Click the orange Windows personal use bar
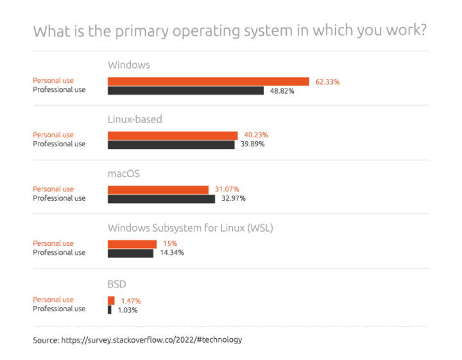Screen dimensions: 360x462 pos(209,81)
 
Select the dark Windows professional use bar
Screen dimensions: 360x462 pos(185,90)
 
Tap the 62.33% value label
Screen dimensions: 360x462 pos(327,81)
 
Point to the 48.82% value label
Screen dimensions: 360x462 pos(282,91)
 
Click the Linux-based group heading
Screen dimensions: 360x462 pos(135,119)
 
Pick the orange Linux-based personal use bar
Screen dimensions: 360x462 pos(173,135)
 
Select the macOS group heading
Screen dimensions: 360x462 pos(124,173)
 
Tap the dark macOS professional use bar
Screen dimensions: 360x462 pos(161,199)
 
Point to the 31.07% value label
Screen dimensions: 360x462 pos(227,189)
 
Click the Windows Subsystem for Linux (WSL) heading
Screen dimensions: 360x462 pos(191,228)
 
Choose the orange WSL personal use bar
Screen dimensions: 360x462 pos(132,244)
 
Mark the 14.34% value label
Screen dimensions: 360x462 pos(171,253)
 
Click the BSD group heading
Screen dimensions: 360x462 pos(117,284)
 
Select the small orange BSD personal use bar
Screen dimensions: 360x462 pos(111,300)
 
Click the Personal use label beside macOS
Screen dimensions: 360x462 pos(53,189)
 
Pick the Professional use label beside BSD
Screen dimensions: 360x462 pos(59,309)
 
